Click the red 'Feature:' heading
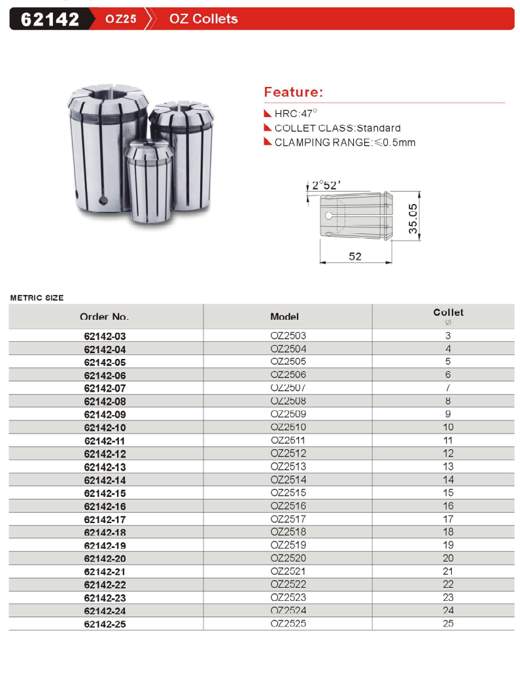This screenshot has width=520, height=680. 293,92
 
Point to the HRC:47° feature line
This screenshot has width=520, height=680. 296,113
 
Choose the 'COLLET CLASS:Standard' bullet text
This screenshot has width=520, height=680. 337,128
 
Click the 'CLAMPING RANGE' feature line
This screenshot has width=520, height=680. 344,143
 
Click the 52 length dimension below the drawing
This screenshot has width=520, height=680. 355,257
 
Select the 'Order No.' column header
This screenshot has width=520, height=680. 105,316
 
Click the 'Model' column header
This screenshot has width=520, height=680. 285,316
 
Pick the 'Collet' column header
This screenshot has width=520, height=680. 448,313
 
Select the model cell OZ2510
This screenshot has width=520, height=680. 288,427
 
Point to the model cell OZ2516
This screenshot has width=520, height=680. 288,506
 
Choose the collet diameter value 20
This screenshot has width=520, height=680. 448,558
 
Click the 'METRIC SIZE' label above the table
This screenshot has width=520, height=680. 37,297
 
